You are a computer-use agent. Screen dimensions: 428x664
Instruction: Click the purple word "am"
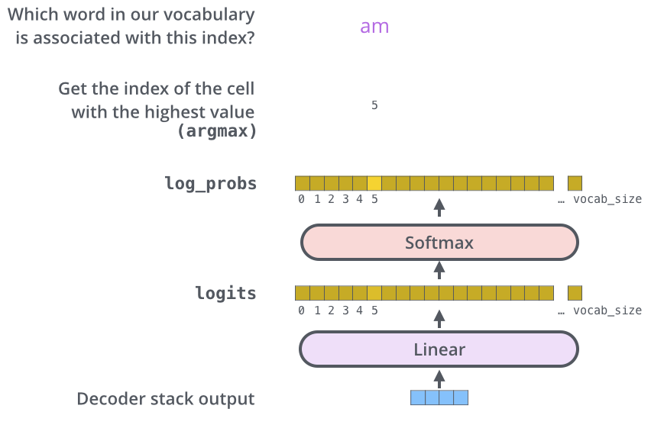tap(374, 27)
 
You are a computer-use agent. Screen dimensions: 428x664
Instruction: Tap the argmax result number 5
tap(374, 105)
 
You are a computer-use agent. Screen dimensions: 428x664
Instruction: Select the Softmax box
tap(439, 243)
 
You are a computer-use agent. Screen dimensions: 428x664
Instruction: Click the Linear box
tap(439, 350)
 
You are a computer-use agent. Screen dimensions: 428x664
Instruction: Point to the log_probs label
tap(210, 183)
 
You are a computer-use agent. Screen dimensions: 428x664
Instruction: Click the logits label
tap(225, 294)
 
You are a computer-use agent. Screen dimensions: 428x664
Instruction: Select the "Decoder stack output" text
tap(165, 399)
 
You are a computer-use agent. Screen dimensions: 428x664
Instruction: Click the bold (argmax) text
tap(217, 131)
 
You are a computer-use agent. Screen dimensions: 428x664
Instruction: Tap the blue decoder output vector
tap(439, 397)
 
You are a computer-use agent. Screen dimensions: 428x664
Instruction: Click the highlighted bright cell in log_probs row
tap(374, 183)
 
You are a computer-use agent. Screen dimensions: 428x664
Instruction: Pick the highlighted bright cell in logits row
tap(374, 293)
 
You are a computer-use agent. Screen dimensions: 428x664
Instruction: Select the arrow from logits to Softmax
tap(439, 268)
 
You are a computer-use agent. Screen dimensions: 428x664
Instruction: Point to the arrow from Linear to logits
tap(439, 317)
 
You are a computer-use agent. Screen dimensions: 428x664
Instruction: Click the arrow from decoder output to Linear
tap(439, 377)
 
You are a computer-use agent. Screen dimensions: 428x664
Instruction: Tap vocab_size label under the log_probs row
tap(607, 199)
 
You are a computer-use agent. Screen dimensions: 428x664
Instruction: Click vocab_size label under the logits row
tap(607, 311)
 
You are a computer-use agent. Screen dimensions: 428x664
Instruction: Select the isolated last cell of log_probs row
tap(575, 183)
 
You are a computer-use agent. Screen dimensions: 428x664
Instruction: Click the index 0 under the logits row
tap(302, 311)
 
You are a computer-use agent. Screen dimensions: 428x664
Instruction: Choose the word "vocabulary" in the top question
tap(212, 14)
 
